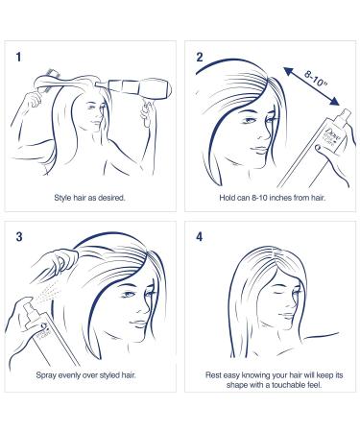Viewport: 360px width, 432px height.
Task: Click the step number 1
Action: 19,57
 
